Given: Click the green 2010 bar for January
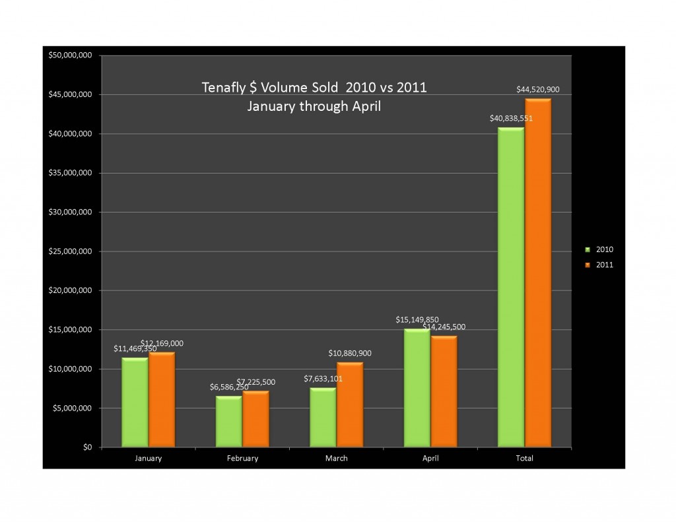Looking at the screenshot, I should point(135,403).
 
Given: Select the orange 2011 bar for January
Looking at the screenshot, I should point(162,400).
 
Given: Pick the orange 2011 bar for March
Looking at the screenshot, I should point(349,405).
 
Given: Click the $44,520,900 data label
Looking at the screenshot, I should point(538,89).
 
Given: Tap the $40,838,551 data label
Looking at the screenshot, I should point(511,118).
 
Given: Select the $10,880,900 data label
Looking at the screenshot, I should point(350,353).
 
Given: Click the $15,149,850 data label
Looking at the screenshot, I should point(417,319).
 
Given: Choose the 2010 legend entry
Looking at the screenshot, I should point(600,250).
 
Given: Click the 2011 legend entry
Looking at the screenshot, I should point(600,265).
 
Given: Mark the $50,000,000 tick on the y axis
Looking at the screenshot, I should point(69,55).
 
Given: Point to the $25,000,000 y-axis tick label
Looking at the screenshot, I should point(69,251).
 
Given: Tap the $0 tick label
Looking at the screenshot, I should point(87,447).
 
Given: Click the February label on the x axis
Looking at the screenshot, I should point(242,458).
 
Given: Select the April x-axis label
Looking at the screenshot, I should point(430,458).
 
